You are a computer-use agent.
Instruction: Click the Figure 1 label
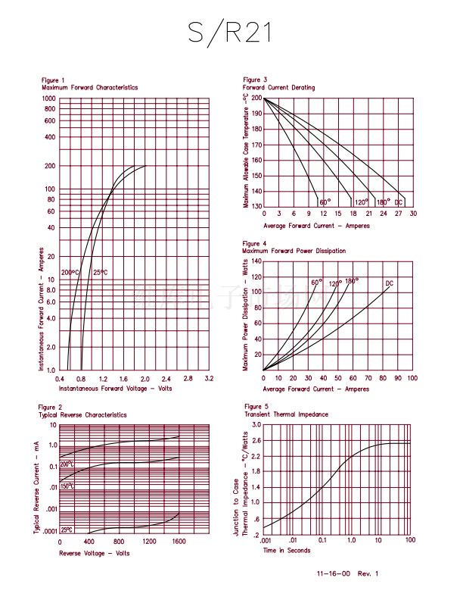tap(53, 80)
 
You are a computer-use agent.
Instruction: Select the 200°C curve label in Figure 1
tap(70, 273)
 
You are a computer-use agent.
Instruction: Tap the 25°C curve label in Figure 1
tap(101, 273)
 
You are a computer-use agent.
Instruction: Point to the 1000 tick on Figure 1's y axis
tap(49, 98)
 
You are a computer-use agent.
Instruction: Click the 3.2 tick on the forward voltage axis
tap(210, 377)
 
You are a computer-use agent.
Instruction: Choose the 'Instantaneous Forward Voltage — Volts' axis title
tap(115, 388)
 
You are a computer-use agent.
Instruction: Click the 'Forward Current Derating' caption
tap(278, 88)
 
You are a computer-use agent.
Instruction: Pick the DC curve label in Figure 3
tap(399, 202)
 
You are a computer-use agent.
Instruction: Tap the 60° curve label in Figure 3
tap(325, 202)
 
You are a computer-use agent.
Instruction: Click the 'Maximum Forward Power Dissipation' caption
tap(294, 251)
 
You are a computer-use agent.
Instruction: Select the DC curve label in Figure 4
tap(390, 284)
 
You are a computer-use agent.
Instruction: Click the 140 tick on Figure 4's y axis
tap(256, 261)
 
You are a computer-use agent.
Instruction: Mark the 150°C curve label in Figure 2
tap(67, 486)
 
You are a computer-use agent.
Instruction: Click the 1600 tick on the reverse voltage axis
tap(179, 542)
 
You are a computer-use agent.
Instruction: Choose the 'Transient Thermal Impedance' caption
tap(286, 415)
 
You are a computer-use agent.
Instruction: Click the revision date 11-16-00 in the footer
tap(332, 573)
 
